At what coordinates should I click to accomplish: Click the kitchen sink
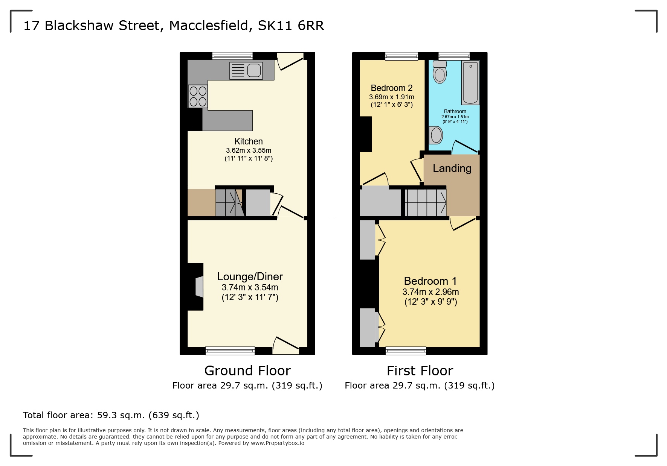coord(246,70)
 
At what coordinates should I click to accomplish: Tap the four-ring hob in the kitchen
coord(198,96)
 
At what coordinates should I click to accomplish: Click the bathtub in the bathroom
coord(470,83)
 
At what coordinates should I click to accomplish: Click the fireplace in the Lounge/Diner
coord(198,287)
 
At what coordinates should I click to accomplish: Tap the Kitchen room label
coord(249,141)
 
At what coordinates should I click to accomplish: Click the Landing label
coord(452,168)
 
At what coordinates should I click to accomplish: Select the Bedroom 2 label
coord(392,88)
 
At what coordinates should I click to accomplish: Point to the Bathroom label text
coord(455,111)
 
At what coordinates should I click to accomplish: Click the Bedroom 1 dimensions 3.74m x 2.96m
coord(430,292)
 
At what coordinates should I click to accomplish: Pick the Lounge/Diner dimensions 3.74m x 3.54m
coord(250,287)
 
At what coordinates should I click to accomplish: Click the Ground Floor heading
coord(247,371)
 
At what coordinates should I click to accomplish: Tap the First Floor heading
coord(420,371)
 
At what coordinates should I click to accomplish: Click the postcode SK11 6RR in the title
coord(291,26)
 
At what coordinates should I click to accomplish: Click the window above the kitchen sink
coord(232,56)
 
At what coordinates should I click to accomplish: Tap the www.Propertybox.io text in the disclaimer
coord(278,443)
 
